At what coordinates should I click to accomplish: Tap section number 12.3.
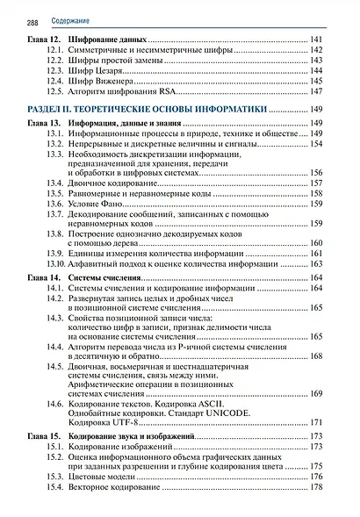55,70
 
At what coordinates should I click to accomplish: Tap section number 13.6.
55,203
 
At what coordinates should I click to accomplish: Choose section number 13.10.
54,263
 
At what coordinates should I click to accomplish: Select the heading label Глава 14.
43,277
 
